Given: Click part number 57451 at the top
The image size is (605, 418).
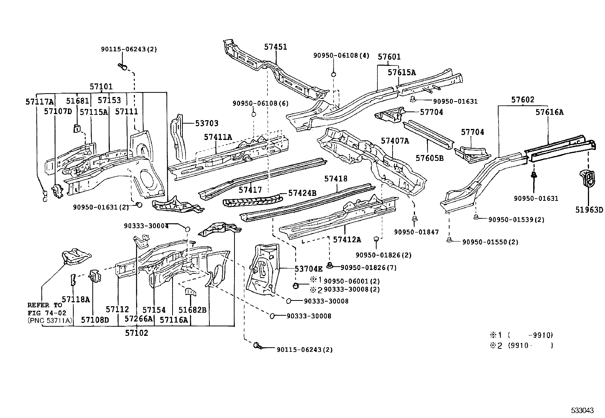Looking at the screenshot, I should [276, 47].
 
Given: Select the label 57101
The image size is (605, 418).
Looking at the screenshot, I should [101, 87].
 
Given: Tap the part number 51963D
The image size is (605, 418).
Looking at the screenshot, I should [589, 210].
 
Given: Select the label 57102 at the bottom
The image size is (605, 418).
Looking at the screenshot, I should [136, 333].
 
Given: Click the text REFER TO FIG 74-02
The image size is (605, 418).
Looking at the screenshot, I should [45, 308].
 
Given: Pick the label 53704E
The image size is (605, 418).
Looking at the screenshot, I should [309, 269].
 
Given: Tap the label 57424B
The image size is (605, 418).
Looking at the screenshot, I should [302, 193].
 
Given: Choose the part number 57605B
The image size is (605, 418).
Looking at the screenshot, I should [429, 158].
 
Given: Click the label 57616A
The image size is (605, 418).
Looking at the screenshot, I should [550, 112].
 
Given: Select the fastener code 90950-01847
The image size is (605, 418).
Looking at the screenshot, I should [416, 232].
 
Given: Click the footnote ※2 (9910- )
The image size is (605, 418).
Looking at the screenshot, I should [521, 345].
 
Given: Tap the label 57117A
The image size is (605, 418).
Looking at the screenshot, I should [40, 102].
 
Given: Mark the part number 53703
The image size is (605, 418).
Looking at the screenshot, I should [207, 123].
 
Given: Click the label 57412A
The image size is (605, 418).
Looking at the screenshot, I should [347, 239].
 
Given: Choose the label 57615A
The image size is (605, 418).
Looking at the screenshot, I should [402, 73].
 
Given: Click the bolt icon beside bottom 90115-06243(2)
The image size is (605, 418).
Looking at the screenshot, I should [257, 346].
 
